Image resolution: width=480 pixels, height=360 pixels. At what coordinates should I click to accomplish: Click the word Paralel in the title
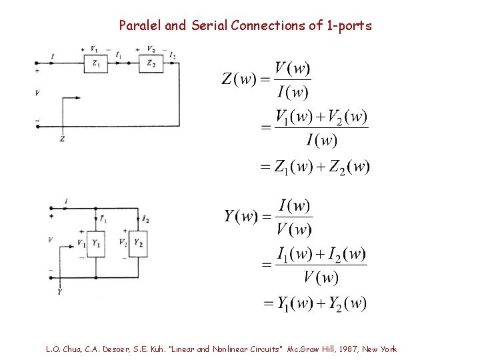(x=140, y=26)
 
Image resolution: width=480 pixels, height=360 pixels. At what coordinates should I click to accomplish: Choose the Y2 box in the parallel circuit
(x=138, y=243)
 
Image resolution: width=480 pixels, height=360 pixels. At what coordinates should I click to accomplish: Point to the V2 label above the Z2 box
(x=151, y=49)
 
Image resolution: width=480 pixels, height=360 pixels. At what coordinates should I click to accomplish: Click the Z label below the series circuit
(x=62, y=139)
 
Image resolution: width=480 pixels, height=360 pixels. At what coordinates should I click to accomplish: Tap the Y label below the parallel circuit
(x=60, y=291)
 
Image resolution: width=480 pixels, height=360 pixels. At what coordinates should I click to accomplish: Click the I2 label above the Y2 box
(x=145, y=219)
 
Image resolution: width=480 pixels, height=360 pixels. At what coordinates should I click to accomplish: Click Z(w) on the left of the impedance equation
(x=238, y=79)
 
